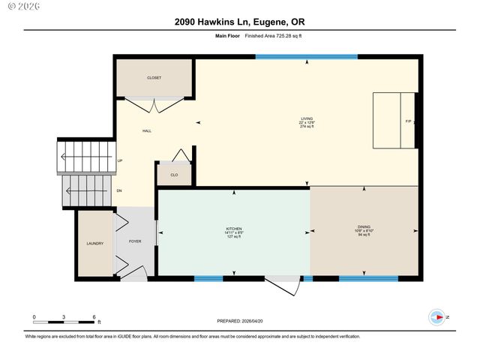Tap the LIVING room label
(x=307, y=118)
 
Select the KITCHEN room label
(x=235, y=229)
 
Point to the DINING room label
(x=364, y=226)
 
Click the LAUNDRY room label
(x=94, y=243)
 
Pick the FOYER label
(x=135, y=241)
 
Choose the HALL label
(x=147, y=131)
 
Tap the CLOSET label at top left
(x=154, y=78)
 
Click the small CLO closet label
(x=174, y=175)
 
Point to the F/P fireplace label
(x=409, y=121)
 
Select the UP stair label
(x=120, y=160)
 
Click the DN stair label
(x=120, y=190)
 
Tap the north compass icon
(x=436, y=317)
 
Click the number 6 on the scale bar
(x=94, y=317)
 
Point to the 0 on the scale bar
(x=34, y=317)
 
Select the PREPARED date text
(x=239, y=320)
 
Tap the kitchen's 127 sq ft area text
(x=235, y=237)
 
